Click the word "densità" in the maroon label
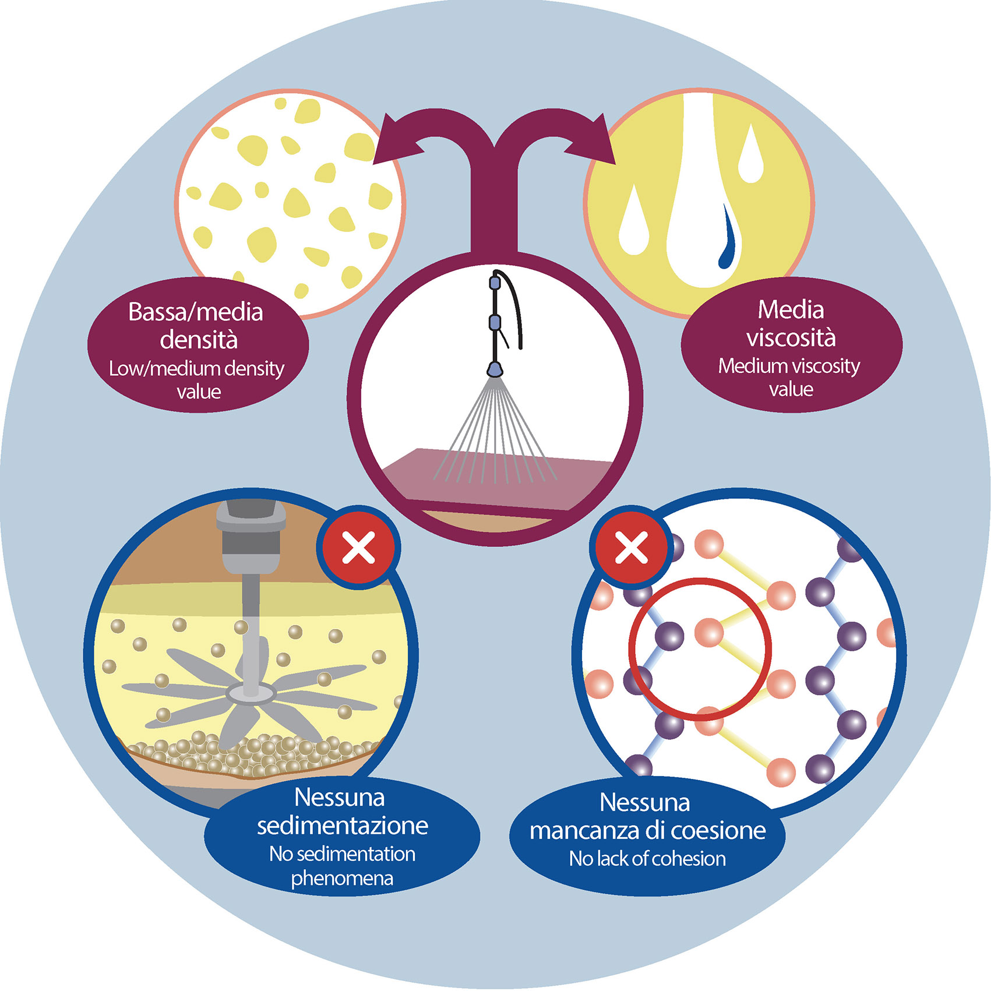(199, 340)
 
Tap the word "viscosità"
(791, 337)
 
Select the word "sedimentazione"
(343, 826)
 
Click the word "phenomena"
(342, 878)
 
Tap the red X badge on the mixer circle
(359, 548)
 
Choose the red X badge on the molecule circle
(632, 548)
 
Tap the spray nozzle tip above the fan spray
(495, 369)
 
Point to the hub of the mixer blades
(251, 692)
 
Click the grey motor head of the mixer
(251, 533)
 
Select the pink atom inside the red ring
(710, 632)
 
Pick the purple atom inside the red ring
(669, 635)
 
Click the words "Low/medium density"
(196, 369)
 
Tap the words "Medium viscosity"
(789, 366)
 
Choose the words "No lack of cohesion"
(647, 859)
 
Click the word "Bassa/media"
(196, 312)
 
